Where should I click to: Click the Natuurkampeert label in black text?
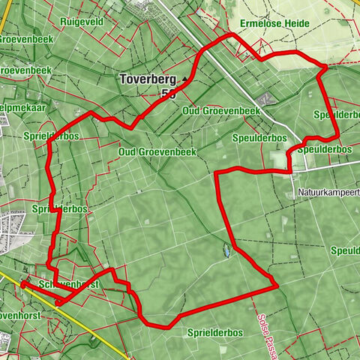[328, 193]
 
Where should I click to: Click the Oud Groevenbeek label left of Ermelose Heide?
[221, 111]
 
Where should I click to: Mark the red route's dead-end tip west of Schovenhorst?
[23, 285]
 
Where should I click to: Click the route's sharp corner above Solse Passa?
[277, 285]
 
